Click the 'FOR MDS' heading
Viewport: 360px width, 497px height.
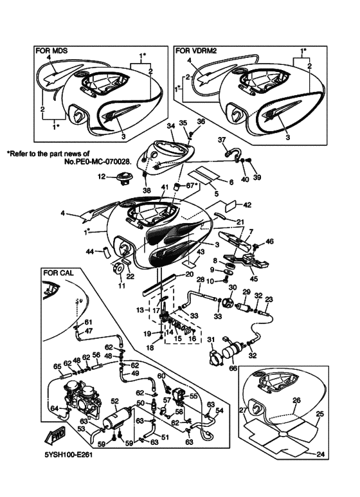click(51, 51)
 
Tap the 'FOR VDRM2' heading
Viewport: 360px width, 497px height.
click(195, 51)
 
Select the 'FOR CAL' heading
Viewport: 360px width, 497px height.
click(58, 273)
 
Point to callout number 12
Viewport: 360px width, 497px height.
click(102, 176)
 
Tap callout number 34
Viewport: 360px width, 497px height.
click(170, 126)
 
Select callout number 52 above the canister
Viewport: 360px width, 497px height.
click(114, 401)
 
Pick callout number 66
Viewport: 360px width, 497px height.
click(233, 369)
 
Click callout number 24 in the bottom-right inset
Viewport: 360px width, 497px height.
click(321, 454)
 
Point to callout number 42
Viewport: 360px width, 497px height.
click(247, 205)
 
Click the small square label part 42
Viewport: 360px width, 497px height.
click(230, 205)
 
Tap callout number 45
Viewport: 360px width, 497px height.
click(254, 279)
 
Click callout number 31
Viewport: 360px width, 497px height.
click(211, 339)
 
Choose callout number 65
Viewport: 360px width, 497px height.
click(57, 366)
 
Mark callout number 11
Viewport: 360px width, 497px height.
click(122, 285)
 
